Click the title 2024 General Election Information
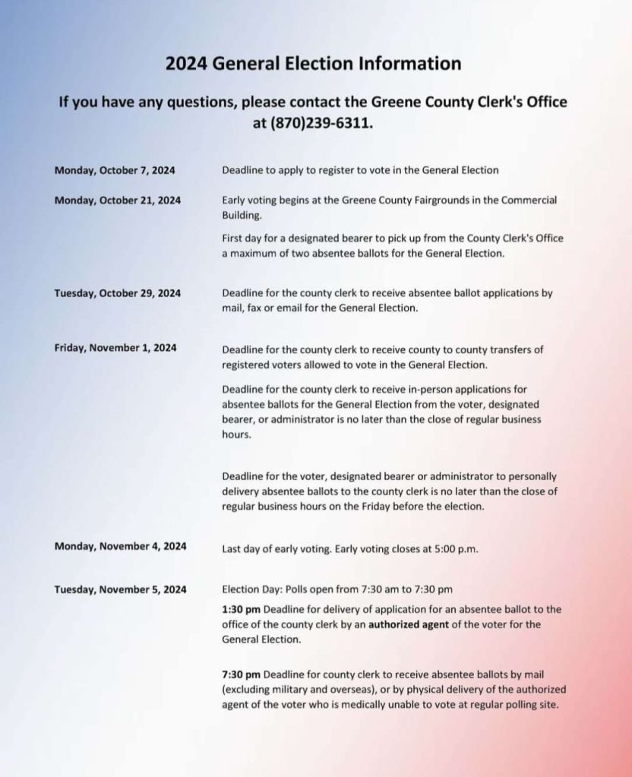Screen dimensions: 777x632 click(x=313, y=63)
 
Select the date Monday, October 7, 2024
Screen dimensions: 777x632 click(x=115, y=170)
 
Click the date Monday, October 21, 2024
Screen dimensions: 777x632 click(x=118, y=201)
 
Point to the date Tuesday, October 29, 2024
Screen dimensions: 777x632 click(x=118, y=293)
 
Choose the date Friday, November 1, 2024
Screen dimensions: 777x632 click(x=115, y=348)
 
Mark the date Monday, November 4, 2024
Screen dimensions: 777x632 click(x=120, y=546)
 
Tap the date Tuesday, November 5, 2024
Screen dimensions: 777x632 click(x=120, y=589)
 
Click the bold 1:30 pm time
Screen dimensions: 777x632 click(x=241, y=609)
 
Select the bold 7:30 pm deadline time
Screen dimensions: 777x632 click(x=241, y=674)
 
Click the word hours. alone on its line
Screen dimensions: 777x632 click(x=235, y=435)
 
